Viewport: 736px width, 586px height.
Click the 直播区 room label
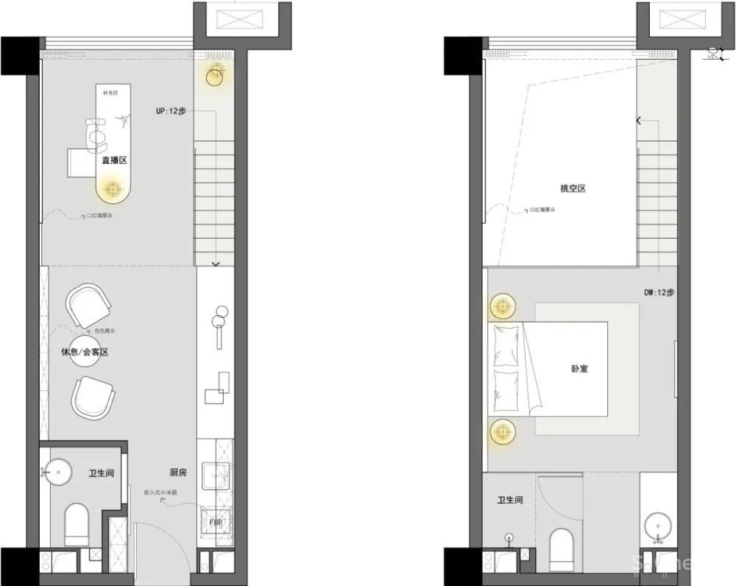click(115, 159)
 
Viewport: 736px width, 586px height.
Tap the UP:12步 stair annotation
click(170, 111)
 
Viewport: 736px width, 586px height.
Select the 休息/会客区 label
click(85, 352)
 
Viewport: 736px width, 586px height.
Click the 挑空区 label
click(573, 188)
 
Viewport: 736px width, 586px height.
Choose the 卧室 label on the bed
click(579, 368)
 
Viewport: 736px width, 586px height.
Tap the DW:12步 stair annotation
click(659, 292)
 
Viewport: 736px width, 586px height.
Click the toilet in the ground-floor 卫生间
click(77, 522)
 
